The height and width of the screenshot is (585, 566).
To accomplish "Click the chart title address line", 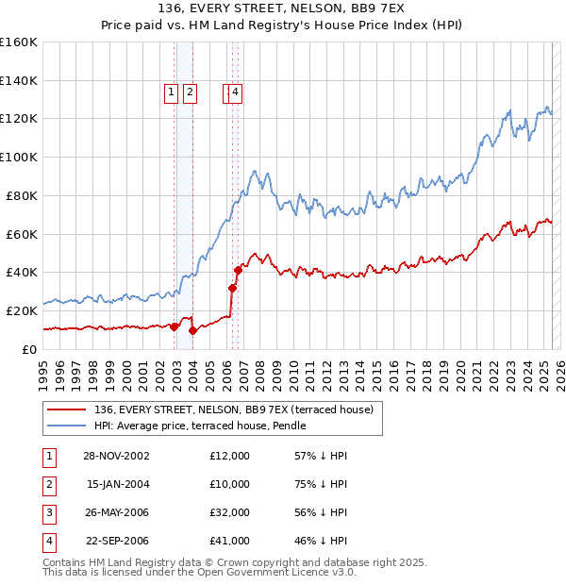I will click(x=283, y=8).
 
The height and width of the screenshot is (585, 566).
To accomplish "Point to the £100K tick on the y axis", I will click(x=19, y=157).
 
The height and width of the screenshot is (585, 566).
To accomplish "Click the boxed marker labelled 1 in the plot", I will click(x=171, y=92).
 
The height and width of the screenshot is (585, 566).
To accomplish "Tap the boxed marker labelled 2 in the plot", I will click(x=190, y=92).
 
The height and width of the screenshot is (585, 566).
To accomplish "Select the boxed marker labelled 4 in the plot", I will click(x=235, y=92).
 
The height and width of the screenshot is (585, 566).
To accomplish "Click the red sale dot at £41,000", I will click(x=238, y=270).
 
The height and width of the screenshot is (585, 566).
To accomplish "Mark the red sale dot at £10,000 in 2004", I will click(x=192, y=330).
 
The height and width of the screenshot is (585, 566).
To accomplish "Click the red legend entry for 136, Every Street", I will click(x=234, y=409).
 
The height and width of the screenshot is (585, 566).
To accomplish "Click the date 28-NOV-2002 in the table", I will click(x=116, y=456).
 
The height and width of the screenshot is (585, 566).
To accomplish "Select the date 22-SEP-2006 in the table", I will click(x=116, y=541).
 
